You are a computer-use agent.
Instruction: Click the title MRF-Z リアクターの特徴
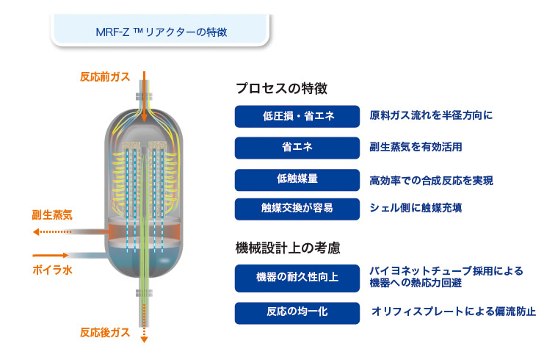click(x=162, y=32)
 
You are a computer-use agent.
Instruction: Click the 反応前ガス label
click(x=105, y=77)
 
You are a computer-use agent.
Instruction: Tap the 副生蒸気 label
click(x=52, y=215)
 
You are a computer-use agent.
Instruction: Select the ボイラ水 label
click(x=52, y=270)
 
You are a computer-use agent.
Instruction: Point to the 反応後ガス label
click(x=105, y=332)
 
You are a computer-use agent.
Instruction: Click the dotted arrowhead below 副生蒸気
click(x=36, y=231)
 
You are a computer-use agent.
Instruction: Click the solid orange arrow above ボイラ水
click(x=50, y=255)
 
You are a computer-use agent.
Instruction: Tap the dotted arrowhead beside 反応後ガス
click(x=144, y=339)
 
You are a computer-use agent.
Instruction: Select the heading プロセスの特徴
click(x=281, y=88)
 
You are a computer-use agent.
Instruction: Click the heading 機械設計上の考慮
click(x=288, y=248)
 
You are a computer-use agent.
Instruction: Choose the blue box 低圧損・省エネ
click(x=297, y=116)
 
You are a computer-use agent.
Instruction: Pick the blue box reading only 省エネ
click(x=297, y=148)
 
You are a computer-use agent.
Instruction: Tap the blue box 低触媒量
click(x=297, y=180)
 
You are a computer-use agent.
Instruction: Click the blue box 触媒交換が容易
click(x=297, y=209)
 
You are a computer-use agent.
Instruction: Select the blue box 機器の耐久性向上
click(x=297, y=278)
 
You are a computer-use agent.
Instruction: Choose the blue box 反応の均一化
click(x=297, y=313)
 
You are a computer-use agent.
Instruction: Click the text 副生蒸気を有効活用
click(x=416, y=147)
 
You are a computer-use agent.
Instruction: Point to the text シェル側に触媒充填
click(x=416, y=208)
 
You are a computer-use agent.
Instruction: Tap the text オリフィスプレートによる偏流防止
click(x=454, y=312)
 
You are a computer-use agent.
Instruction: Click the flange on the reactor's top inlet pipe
click(x=144, y=96)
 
